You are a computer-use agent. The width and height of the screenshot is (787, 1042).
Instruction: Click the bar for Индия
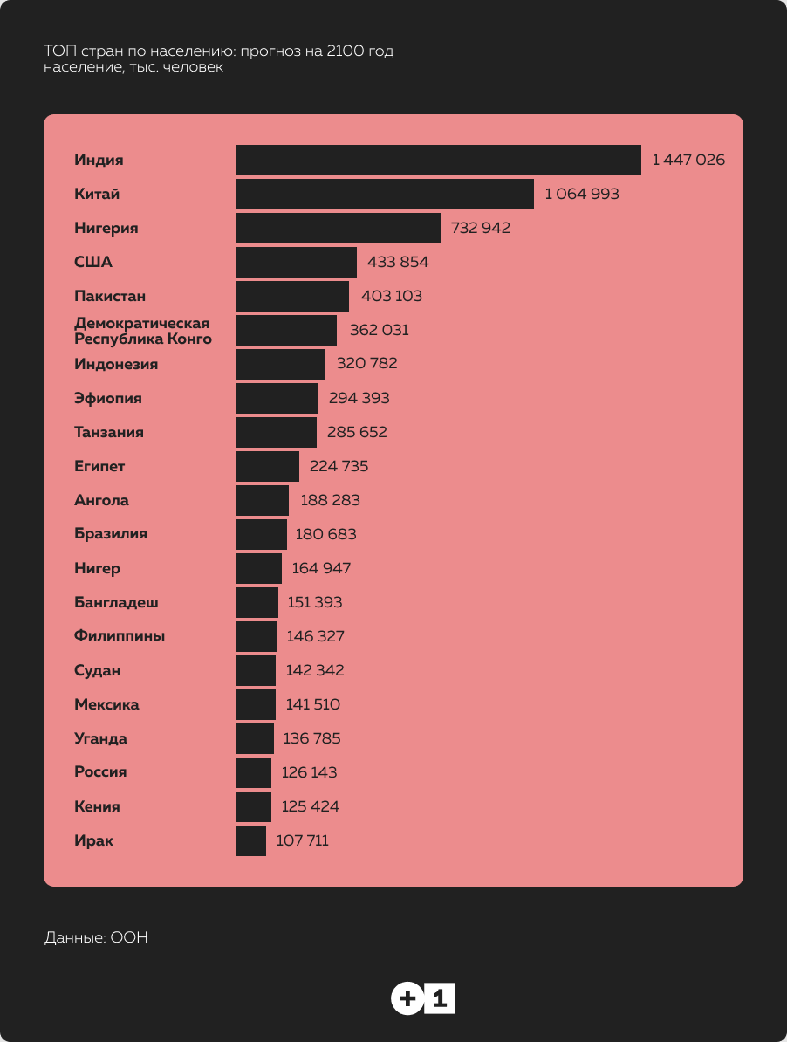tap(438, 160)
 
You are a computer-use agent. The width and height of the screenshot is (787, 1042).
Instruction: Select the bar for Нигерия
tap(339, 228)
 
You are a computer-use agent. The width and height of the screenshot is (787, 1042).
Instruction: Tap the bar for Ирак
tap(251, 840)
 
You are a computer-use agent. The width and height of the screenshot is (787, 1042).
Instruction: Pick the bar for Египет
tap(268, 466)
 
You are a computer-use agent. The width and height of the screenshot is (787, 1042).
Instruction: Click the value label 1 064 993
tap(582, 194)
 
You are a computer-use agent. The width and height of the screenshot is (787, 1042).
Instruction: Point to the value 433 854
tap(398, 262)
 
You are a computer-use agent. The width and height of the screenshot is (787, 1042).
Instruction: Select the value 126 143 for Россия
tap(309, 772)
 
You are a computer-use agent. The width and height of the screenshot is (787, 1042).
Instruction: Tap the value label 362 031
tap(379, 330)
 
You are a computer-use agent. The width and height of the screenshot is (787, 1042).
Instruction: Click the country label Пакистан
tap(110, 296)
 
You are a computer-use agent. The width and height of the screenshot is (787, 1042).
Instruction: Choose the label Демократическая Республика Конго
tap(142, 331)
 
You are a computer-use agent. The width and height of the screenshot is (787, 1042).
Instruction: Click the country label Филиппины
tap(120, 636)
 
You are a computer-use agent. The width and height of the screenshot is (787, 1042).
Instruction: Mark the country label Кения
tap(97, 806)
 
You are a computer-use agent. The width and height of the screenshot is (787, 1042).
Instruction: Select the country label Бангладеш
tap(116, 602)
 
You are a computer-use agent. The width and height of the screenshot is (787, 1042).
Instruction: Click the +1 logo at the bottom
tap(423, 997)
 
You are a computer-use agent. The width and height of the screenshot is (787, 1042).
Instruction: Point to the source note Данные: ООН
tap(96, 938)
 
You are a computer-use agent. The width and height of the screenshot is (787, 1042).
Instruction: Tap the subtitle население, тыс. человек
tap(133, 67)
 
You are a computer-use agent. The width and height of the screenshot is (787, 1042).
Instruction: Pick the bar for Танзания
tap(277, 432)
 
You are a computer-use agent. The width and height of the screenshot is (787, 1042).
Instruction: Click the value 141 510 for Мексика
tap(313, 704)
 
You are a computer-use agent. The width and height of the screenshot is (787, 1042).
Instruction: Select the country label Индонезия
tap(116, 364)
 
